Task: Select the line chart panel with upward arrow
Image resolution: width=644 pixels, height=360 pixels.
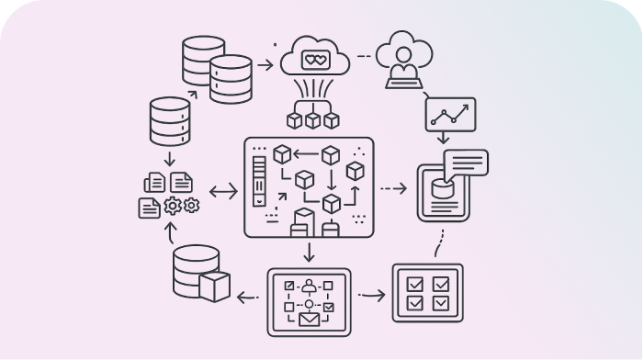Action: (449, 114)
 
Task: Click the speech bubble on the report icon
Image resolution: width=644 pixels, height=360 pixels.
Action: (465, 163)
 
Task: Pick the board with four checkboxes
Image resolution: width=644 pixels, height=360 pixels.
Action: (427, 292)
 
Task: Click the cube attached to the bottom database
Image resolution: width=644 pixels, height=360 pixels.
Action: (215, 286)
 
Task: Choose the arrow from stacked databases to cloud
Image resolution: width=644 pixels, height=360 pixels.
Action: (266, 64)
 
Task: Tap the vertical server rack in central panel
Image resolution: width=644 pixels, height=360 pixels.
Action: (260, 180)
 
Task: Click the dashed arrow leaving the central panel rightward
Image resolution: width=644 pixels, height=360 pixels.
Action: (392, 189)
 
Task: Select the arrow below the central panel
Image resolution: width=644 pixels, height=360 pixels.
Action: (309, 251)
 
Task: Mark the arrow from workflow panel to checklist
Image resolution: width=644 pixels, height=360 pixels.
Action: (371, 296)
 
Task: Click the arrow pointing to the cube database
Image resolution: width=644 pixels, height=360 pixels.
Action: (246, 296)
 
